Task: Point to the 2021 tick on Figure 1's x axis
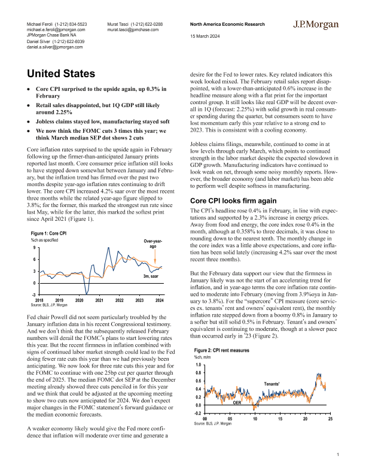[100, 299]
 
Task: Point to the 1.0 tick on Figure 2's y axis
[197, 364]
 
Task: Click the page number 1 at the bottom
[338, 455]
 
